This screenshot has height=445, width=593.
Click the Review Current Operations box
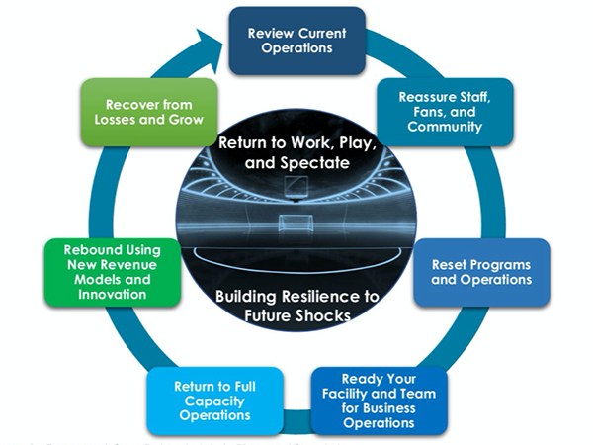(x=297, y=41)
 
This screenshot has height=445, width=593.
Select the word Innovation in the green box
(x=113, y=295)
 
